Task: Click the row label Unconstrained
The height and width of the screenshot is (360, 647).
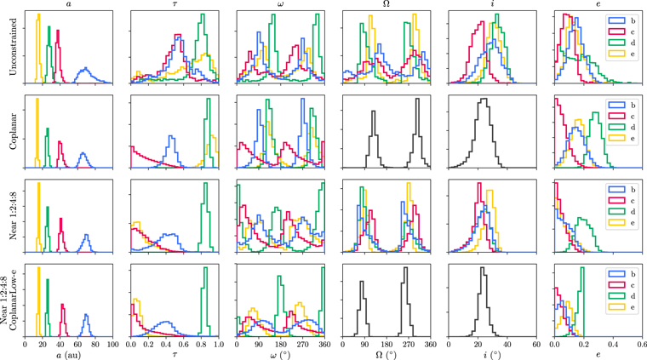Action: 13,47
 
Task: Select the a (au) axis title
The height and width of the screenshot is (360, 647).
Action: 68,354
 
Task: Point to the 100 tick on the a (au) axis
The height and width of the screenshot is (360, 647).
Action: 112,345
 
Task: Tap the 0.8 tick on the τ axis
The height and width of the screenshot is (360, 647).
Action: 201,345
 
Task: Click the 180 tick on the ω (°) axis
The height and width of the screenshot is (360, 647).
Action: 281,345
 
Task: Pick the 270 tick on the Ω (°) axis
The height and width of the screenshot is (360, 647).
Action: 409,345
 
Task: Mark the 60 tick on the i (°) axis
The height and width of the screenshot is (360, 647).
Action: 536,345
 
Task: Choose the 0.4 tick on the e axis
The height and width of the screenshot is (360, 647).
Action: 613,345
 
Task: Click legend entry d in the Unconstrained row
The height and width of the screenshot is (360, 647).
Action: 622,43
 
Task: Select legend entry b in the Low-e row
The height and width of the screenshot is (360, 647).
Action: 622,274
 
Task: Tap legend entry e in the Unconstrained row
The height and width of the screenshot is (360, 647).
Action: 622,54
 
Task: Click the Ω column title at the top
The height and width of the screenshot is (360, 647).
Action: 386,4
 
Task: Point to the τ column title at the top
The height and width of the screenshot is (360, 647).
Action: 175,4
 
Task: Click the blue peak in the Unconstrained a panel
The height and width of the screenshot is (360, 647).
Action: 85,68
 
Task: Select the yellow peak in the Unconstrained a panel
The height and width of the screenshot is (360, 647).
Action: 39,14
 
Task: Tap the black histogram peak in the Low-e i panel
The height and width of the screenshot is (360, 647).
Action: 482,268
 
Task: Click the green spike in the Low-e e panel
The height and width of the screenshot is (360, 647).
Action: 582,268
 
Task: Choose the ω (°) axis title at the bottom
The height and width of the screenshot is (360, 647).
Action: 281,354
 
